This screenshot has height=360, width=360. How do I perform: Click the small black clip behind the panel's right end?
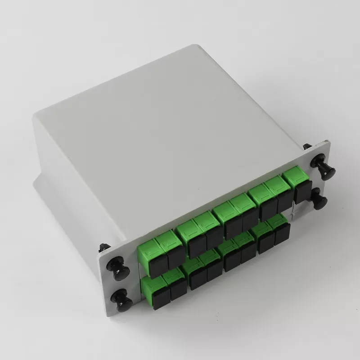307,147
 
